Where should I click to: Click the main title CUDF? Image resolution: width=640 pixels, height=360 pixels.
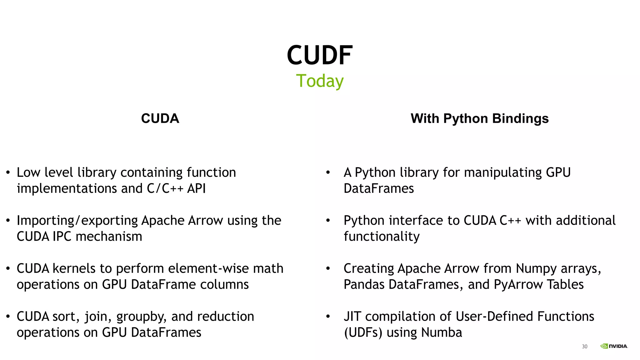point(320,55)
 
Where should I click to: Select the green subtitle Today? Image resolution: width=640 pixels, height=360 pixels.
point(320,81)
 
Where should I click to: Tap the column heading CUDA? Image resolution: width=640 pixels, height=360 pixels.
point(160,118)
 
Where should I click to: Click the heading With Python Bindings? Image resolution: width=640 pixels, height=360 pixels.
point(479,118)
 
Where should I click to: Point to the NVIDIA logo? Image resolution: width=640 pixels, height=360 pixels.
point(614,346)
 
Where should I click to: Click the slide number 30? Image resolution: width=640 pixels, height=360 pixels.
point(584,346)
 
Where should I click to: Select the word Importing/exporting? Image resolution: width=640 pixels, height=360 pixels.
point(77,221)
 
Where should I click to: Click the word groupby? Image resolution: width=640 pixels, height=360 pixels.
point(141,317)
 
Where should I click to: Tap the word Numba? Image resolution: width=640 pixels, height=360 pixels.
point(441,332)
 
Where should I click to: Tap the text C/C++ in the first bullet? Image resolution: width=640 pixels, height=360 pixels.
point(165,188)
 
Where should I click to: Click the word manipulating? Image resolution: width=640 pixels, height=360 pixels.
point(492,173)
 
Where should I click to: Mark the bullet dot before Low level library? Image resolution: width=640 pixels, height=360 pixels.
point(8,172)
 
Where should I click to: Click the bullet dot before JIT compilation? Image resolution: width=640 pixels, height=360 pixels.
point(328,317)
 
